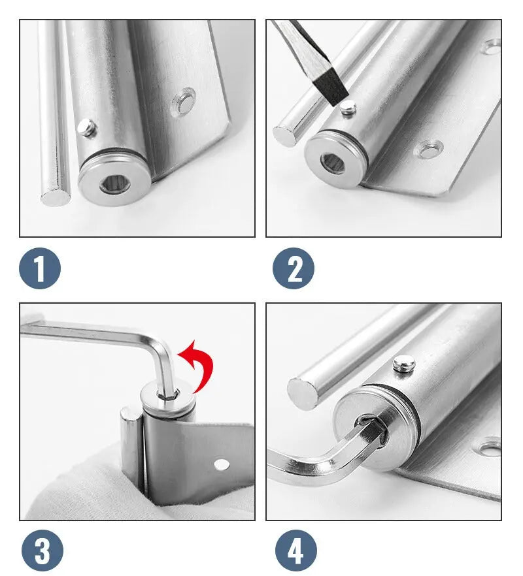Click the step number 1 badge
(x=40, y=268)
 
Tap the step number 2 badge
(x=294, y=268)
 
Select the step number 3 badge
(x=42, y=551)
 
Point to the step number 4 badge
(x=296, y=551)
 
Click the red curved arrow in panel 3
(x=201, y=364)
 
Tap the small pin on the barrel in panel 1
(x=87, y=128)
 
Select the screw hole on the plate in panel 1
(x=184, y=101)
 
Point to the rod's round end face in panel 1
(x=55, y=197)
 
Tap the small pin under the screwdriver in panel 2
(x=348, y=109)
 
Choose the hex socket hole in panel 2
(x=333, y=162)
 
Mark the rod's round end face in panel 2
(x=287, y=136)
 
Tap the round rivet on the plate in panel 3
(x=222, y=465)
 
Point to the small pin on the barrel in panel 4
(x=404, y=364)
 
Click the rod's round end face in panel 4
(x=302, y=393)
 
